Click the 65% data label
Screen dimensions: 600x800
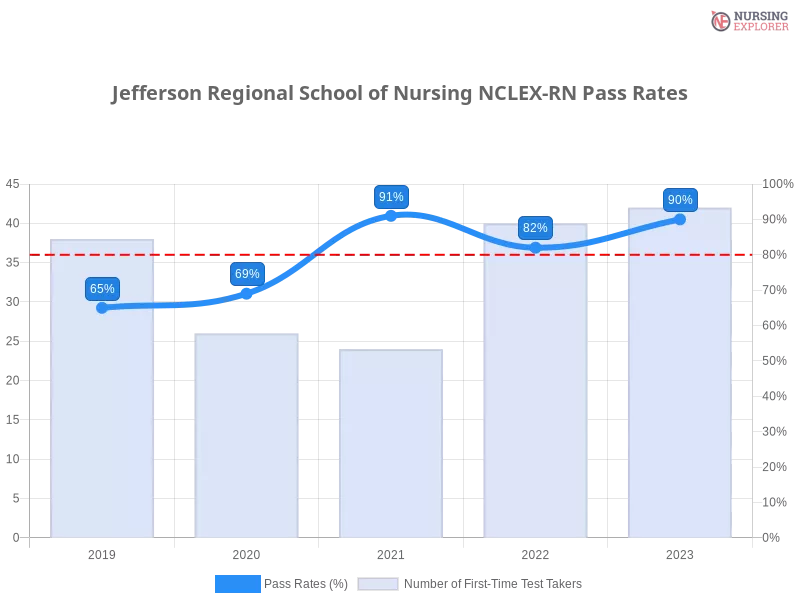click(x=102, y=289)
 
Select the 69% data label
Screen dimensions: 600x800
click(x=246, y=274)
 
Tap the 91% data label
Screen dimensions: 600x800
click(x=391, y=197)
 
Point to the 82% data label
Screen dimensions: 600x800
click(x=535, y=228)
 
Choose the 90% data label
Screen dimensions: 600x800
click(x=680, y=200)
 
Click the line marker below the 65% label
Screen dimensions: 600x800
click(x=102, y=308)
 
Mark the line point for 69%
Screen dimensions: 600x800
click(x=246, y=294)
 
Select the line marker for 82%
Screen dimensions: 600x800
click(x=535, y=247)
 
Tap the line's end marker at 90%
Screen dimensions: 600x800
click(x=680, y=219)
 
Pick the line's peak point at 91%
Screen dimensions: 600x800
click(x=391, y=215)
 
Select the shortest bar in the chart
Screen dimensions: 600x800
click(x=391, y=445)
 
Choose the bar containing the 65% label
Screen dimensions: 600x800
click(x=104, y=420)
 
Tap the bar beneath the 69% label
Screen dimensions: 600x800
click(x=248, y=435)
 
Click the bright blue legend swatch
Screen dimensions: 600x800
click(x=238, y=584)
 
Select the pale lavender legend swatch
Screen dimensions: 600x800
click(x=378, y=584)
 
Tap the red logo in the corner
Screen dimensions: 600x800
click(x=722, y=21)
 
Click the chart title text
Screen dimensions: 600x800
click(x=397, y=96)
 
